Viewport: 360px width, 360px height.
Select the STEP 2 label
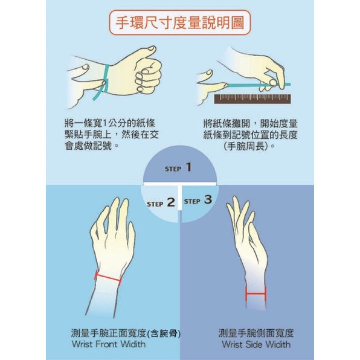point(161,203)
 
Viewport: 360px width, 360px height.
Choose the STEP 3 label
point(198,200)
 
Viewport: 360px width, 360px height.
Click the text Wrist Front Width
point(108,344)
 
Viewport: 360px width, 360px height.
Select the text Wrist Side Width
point(256,344)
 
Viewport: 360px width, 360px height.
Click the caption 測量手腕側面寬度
point(256,333)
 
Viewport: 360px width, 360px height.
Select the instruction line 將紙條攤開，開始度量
point(249,122)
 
